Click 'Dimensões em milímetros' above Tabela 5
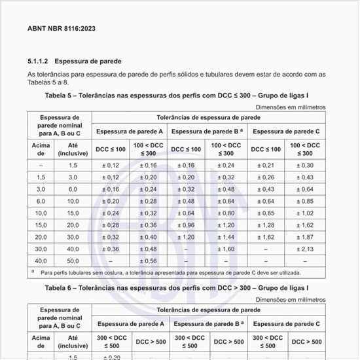coord(290,106)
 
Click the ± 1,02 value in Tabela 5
coord(305,213)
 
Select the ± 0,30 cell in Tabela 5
coord(305,166)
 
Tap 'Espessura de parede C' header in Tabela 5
coord(285,132)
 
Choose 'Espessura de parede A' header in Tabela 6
coord(131,324)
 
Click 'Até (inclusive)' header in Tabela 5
coord(73,149)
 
